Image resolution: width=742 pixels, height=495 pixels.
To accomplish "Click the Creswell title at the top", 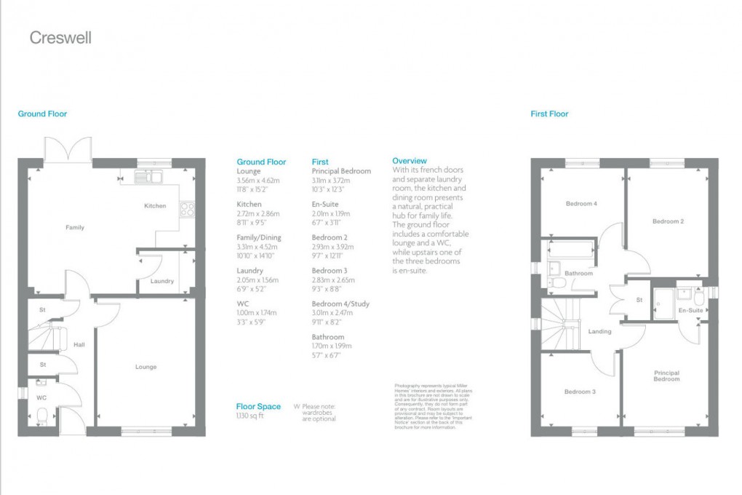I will click(60, 38).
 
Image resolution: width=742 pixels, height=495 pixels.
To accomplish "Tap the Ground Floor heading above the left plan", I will click(42, 114).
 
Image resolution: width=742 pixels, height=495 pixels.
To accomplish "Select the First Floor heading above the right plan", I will click(549, 114).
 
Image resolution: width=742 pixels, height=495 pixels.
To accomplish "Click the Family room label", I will click(75, 228).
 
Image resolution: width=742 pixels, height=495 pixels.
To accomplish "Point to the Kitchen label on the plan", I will click(154, 206).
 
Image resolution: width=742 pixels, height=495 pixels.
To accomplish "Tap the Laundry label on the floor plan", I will click(161, 281).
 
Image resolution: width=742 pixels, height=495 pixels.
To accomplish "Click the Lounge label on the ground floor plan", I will click(145, 367).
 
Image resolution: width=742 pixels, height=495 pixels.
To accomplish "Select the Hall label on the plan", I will click(79, 344).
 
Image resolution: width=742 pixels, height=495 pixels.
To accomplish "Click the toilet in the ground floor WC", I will click(41, 416).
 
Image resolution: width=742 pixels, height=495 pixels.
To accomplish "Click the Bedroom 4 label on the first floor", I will click(581, 204).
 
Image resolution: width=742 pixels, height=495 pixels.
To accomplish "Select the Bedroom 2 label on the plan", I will click(667, 221).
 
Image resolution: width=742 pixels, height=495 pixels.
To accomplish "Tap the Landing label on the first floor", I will click(599, 332).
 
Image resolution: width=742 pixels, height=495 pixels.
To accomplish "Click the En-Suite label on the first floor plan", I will click(690, 311).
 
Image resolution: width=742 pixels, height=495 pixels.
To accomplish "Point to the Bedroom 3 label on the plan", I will click(580, 392).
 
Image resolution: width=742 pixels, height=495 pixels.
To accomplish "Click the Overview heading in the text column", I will click(410, 160).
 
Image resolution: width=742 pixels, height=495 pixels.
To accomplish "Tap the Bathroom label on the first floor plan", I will click(578, 274).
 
